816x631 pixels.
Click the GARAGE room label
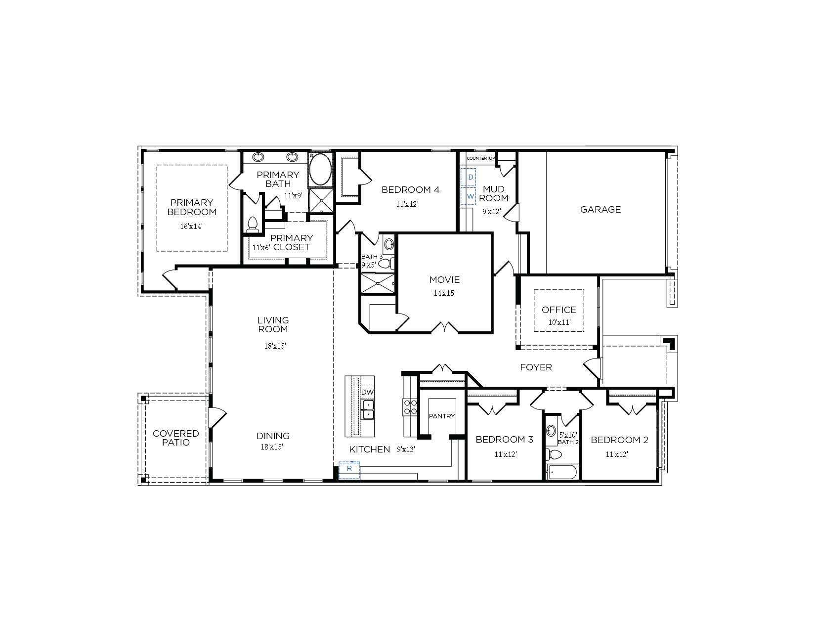[600, 210]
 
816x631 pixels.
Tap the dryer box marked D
[468, 177]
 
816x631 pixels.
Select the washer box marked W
[468, 196]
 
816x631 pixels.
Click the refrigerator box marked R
[349, 470]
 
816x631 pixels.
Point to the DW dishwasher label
[367, 392]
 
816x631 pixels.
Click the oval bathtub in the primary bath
[320, 169]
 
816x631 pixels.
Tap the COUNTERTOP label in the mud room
[481, 159]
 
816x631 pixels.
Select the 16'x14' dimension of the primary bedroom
[191, 226]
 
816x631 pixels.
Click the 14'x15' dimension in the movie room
[444, 293]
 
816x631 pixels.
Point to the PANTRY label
[442, 416]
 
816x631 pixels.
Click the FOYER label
[536, 367]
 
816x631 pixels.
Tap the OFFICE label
[559, 310]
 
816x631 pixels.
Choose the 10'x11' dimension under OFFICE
[559, 322]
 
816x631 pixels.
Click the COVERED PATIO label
[176, 438]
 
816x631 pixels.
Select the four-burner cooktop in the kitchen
[410, 407]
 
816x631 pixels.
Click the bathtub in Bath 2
[562, 472]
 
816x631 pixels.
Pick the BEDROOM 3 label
[504, 440]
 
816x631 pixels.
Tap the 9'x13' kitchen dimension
[406, 449]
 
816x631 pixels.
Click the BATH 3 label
[372, 257]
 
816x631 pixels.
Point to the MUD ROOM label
[493, 193]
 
